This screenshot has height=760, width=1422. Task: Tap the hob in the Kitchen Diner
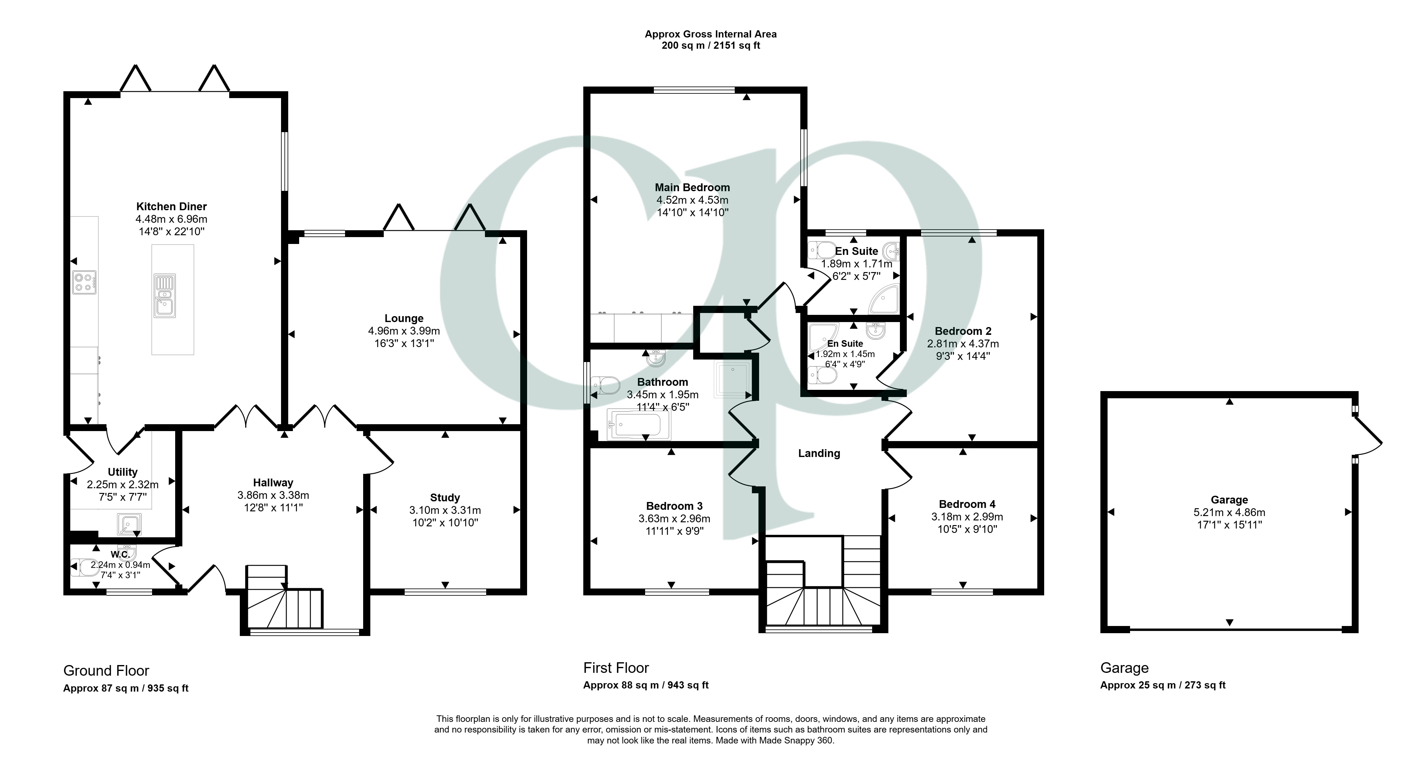84,282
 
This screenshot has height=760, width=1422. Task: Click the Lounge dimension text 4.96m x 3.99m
404,331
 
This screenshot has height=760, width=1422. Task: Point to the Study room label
445,498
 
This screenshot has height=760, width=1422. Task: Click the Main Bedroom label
692,187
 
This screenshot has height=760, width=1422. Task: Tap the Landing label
819,454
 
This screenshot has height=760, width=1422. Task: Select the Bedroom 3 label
674,506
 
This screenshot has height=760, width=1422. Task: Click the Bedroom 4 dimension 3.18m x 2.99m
967,517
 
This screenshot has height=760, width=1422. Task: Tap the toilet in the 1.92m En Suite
822,375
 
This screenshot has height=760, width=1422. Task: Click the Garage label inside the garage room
1229,500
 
